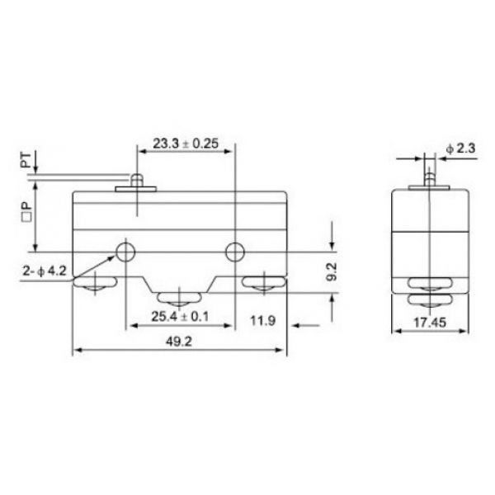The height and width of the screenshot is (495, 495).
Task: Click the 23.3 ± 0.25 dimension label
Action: tap(186, 144)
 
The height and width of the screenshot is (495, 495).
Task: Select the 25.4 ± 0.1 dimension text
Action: tap(180, 316)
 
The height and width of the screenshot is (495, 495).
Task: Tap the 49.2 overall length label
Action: tap(179, 342)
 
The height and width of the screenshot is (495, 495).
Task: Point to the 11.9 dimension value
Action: tap(263, 321)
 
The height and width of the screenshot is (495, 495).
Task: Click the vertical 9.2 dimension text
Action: tap(332, 272)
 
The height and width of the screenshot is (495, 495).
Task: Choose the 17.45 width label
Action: tap(430, 323)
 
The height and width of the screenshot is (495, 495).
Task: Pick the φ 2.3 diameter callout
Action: tap(460, 148)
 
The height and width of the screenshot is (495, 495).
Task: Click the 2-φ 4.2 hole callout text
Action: tap(45, 271)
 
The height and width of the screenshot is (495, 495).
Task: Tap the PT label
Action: tap(26, 160)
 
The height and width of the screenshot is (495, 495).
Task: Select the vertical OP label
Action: tap(26, 211)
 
